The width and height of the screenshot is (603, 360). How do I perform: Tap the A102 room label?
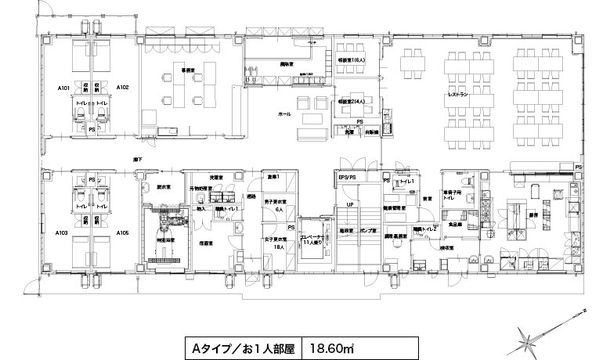tap(122, 86)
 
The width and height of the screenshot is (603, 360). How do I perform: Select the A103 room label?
tap(63, 232)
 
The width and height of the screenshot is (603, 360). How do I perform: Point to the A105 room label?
tap(122, 232)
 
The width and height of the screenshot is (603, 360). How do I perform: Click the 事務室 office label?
tap(188, 70)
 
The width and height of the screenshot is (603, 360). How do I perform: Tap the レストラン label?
tap(458, 94)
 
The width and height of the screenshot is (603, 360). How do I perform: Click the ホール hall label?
tap(284, 114)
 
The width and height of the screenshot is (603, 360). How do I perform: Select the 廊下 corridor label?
tap(138, 160)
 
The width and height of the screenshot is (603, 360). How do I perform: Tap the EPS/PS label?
tap(347, 178)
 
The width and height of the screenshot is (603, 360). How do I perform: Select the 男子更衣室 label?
tap(274, 203)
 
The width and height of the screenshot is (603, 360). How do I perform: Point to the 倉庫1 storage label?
tap(272, 176)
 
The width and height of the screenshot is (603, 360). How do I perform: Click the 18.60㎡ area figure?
tap(334, 346)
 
